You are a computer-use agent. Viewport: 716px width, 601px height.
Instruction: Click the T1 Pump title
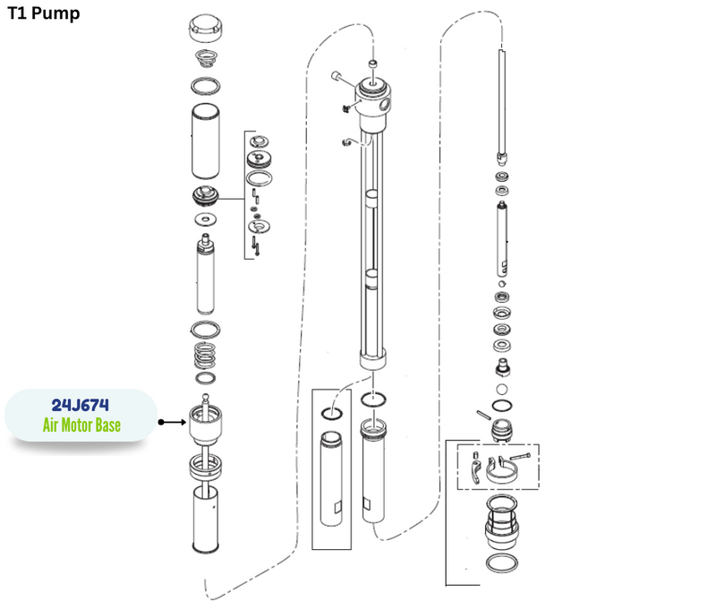[x=44, y=13]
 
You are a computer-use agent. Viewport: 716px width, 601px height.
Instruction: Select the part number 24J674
[x=81, y=405]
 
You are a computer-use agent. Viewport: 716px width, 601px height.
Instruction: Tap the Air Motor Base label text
[x=81, y=425]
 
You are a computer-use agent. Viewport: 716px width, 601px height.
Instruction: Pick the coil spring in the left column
[x=205, y=356]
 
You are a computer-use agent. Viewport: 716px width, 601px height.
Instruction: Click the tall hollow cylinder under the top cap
[x=206, y=142]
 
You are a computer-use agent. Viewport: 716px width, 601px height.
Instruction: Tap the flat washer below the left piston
[x=206, y=219]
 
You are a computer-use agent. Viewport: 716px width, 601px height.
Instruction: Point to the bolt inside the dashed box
[x=520, y=456]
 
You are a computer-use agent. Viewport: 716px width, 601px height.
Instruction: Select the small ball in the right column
[x=501, y=390]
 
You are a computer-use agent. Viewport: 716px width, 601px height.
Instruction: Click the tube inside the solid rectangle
[x=331, y=479]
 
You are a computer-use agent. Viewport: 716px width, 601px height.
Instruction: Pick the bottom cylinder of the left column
[x=206, y=519]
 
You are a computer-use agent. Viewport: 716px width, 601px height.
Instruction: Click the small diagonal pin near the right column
[x=483, y=415]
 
